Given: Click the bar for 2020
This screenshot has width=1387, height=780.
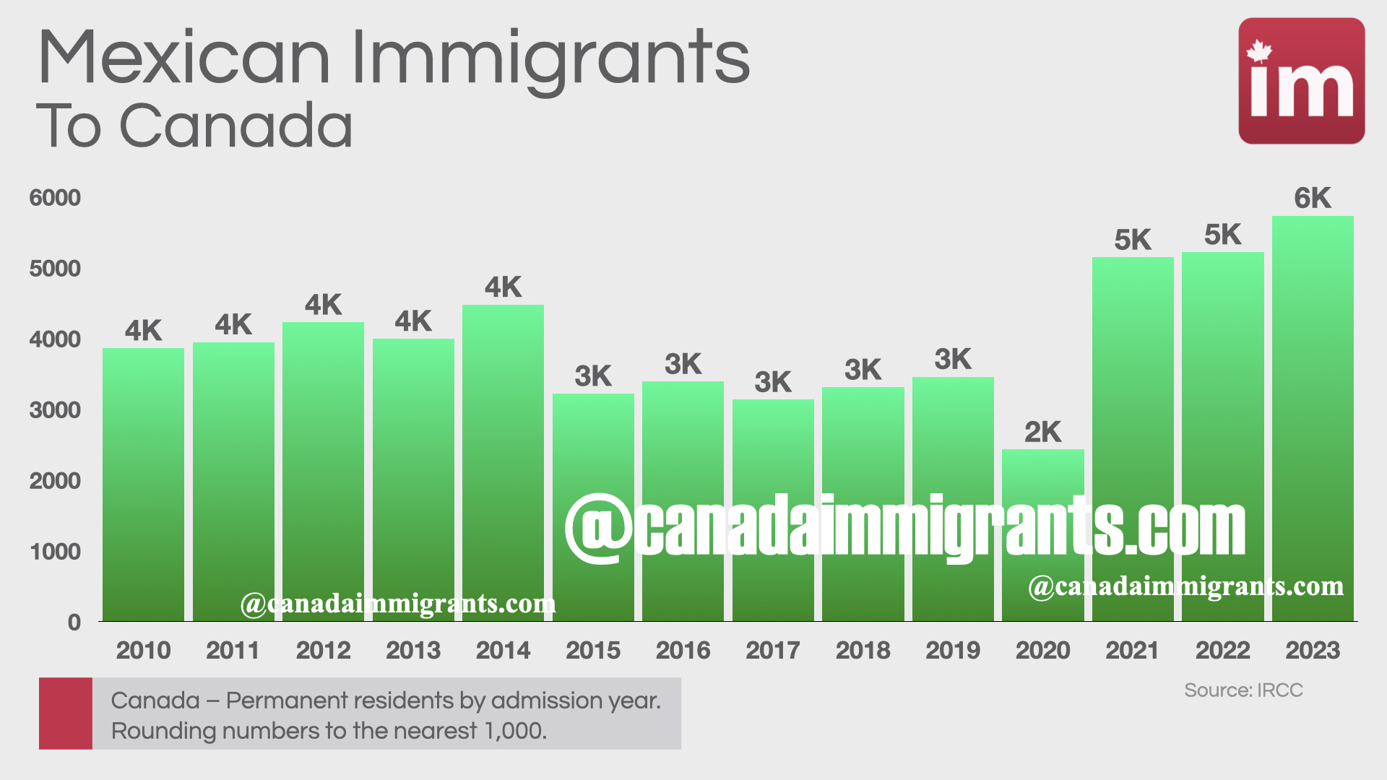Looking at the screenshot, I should (1042, 534).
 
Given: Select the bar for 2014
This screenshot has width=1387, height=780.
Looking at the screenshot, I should (503, 462).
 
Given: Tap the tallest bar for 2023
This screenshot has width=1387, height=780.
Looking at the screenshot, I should (1313, 419).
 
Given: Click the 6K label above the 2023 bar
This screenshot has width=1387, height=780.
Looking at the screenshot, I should (1313, 198).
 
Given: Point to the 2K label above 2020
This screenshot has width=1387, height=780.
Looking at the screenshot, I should (1042, 432).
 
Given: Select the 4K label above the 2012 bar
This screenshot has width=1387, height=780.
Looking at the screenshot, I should (323, 305).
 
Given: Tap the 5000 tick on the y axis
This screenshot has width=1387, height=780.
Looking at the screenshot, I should (55, 269).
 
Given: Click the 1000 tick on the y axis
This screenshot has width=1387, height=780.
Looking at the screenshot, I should (55, 552).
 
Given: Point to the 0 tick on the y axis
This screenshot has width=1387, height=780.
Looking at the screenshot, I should (74, 623).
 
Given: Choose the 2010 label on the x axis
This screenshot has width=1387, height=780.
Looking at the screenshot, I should (143, 650).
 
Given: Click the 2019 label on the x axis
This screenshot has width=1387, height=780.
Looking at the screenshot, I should (953, 650).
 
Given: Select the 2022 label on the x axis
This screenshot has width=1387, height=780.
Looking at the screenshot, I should (1222, 650).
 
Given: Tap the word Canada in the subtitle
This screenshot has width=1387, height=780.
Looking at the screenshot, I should (236, 126).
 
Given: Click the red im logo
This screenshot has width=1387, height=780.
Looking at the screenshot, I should (1301, 81).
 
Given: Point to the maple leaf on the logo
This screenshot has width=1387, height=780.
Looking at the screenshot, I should (1259, 51).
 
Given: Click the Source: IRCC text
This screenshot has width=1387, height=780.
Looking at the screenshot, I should (1243, 690).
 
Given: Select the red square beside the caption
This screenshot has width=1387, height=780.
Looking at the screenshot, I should (66, 713).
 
